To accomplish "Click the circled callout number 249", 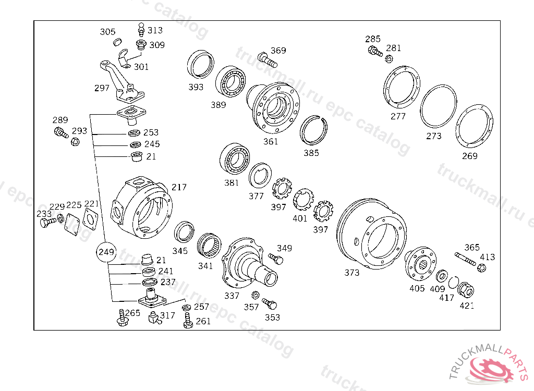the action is coord(106,252).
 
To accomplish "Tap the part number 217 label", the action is coord(179,187).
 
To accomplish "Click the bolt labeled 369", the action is coord(268,59).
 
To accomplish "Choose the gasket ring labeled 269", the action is coord(474,126).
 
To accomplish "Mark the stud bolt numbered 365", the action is coord(465,259).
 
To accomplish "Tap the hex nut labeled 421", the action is coord(466,290).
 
